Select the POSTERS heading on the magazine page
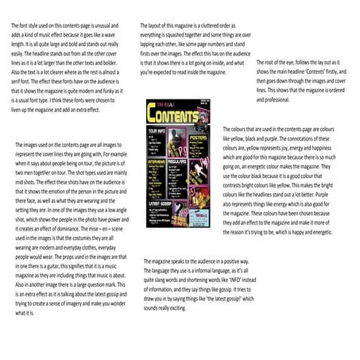point(199,136)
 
